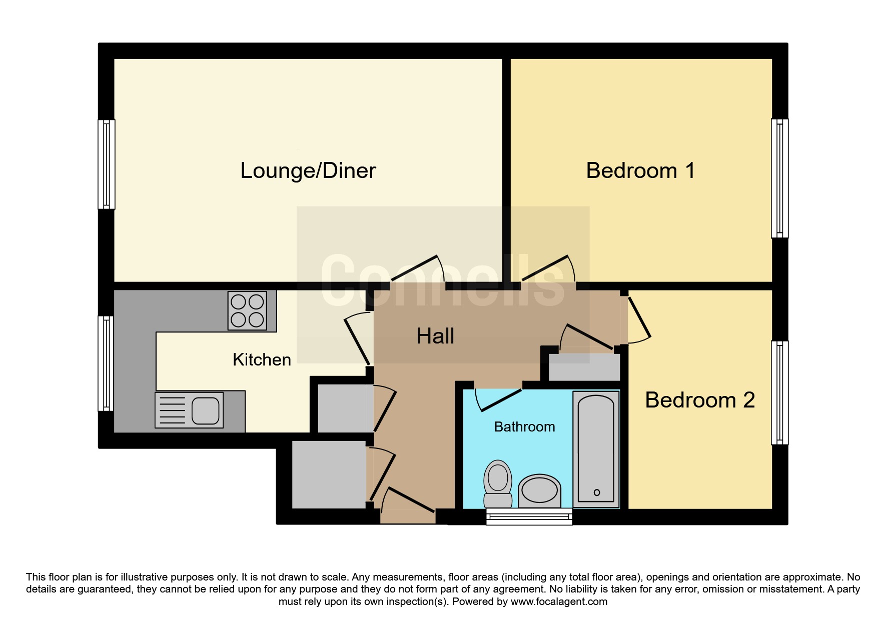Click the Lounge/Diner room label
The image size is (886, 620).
(x=308, y=170)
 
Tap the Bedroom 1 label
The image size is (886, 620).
(x=640, y=170)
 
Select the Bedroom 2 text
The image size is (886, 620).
(x=699, y=400)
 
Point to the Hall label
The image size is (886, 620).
(x=435, y=336)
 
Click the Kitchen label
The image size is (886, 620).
(x=262, y=359)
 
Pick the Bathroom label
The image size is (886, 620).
(x=524, y=426)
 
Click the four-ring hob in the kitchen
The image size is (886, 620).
(x=247, y=310)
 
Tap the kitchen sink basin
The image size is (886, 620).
(x=206, y=410)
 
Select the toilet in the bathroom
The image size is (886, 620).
(x=498, y=483)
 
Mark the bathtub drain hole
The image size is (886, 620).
(x=596, y=492)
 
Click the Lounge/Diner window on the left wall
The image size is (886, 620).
(x=106, y=164)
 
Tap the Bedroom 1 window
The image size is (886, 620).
(x=779, y=178)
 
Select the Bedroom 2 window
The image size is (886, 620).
(x=779, y=392)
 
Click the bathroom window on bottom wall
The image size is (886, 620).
(x=529, y=516)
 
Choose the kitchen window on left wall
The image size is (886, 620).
(x=106, y=363)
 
